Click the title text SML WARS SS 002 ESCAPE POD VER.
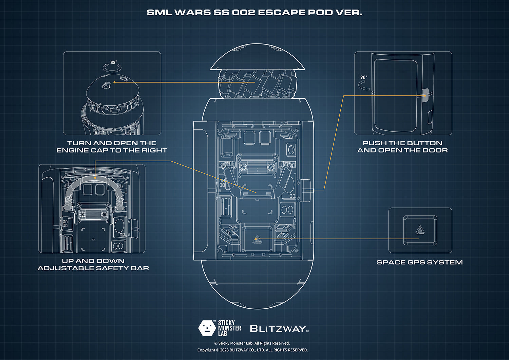[x=254, y=13]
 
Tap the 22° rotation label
[x=113, y=62]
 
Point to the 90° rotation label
[x=364, y=77]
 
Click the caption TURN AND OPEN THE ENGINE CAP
[x=112, y=147]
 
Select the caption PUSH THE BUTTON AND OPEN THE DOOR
[x=402, y=147]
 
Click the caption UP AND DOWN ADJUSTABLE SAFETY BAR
[x=93, y=265]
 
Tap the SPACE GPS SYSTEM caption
[x=420, y=262]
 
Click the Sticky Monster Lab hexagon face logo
[x=207, y=328]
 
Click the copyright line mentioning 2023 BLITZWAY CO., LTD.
[x=252, y=350]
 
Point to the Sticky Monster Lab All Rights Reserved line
[x=252, y=343]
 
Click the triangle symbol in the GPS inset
[x=420, y=230]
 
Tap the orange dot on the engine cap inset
[x=115, y=82]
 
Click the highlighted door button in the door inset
[x=425, y=95]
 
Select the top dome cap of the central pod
[x=257, y=58]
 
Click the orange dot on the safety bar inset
[x=95, y=178]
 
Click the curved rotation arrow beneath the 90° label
[x=364, y=86]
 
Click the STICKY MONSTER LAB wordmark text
[x=229, y=328]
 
